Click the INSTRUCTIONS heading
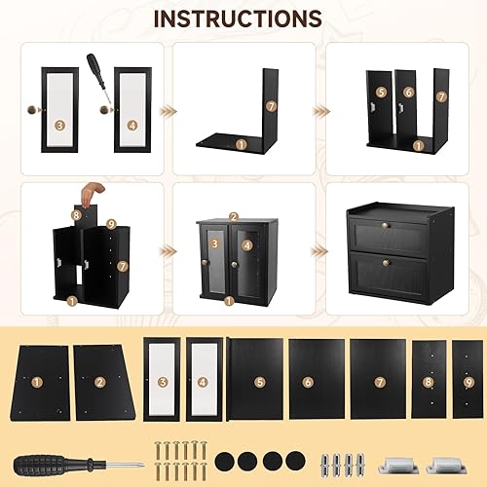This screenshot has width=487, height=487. [238, 19]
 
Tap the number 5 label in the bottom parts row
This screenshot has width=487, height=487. [260, 382]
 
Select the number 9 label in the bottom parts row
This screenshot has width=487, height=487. [468, 383]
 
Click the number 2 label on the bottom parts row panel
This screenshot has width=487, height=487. [100, 382]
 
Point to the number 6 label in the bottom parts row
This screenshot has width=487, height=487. [308, 382]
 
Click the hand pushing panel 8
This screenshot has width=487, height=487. [93, 193]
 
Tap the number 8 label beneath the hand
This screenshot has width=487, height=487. [77, 215]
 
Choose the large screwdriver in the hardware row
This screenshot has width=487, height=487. [79, 466]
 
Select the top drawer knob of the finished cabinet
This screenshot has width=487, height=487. [385, 225]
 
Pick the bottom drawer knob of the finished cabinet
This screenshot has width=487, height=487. [386, 262]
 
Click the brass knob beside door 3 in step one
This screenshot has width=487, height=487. [35, 110]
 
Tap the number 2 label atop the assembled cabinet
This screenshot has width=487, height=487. [234, 217]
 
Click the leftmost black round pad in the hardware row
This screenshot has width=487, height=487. [224, 460]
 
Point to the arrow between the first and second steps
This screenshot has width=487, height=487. [169, 111]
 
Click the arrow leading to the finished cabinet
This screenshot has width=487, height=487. [319, 250]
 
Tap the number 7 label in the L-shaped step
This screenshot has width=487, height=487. [272, 106]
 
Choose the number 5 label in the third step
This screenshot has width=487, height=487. [382, 93]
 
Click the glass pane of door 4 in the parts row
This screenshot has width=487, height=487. [204, 380]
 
